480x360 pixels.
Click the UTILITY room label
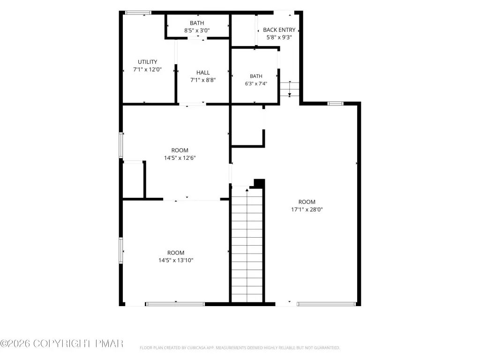pos(147,62)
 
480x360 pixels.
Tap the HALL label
pos(203,73)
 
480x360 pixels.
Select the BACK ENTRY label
pos(279,30)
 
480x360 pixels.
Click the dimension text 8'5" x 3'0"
pos(197,30)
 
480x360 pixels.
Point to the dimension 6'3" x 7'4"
pos(256,83)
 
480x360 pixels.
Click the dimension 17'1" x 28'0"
pos(307,210)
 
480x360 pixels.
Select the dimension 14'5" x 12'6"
pos(180,158)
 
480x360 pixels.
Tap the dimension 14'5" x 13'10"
pos(176,261)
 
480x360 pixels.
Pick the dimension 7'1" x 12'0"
pos(147,69)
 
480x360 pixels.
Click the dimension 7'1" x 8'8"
pos(203,80)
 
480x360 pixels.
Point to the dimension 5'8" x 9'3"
pos(279,37)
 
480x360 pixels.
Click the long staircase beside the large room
pos(247,245)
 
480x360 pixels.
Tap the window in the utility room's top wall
pos(138,13)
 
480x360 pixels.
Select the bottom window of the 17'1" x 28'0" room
pos(326,304)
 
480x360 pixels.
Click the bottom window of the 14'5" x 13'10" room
pos(175,304)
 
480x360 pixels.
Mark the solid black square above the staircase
pos(259,183)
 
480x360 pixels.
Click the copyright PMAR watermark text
pos(62,344)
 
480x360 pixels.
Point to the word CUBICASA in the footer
pos(196,348)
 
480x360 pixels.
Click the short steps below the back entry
pos(290,89)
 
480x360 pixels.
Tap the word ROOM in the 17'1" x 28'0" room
pos(307,202)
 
